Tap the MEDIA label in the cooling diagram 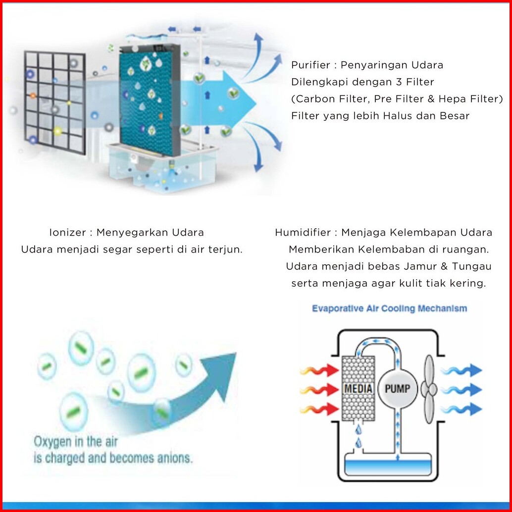[x=358, y=388]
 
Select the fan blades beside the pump [x=429, y=389]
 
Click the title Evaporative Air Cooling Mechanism [x=389, y=308]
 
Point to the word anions [x=174, y=458]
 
